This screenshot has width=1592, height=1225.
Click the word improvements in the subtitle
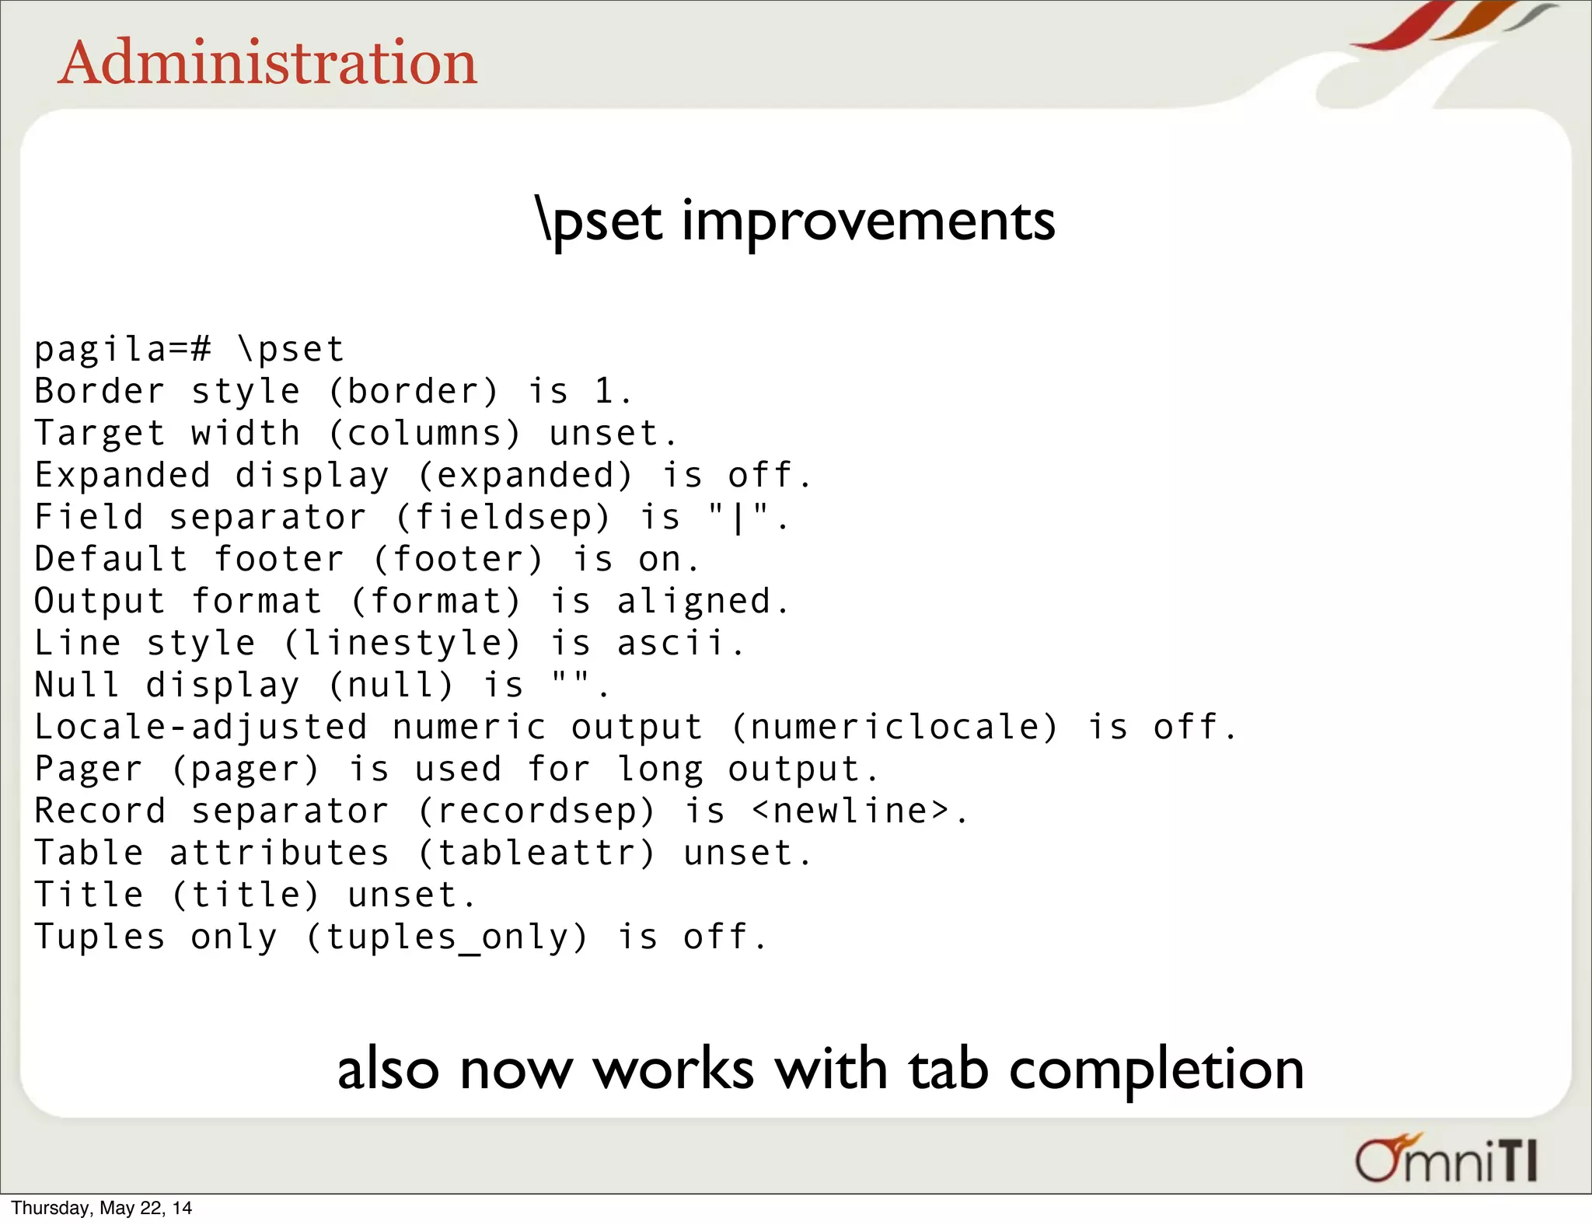[868, 221]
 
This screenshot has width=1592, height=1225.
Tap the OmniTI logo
[1446, 1160]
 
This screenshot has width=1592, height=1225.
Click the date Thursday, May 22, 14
[101, 1208]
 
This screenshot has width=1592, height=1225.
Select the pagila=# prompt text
[122, 349]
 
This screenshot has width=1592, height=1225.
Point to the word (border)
[414, 391]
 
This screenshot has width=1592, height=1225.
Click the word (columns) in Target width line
[424, 433]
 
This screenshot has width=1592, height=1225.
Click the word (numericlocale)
[895, 727]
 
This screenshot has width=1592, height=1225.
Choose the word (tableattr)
[537, 853]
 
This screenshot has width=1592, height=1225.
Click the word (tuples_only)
[447, 937]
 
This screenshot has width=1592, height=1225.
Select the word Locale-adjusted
[201, 727]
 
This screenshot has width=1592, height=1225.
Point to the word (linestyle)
[402, 643]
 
